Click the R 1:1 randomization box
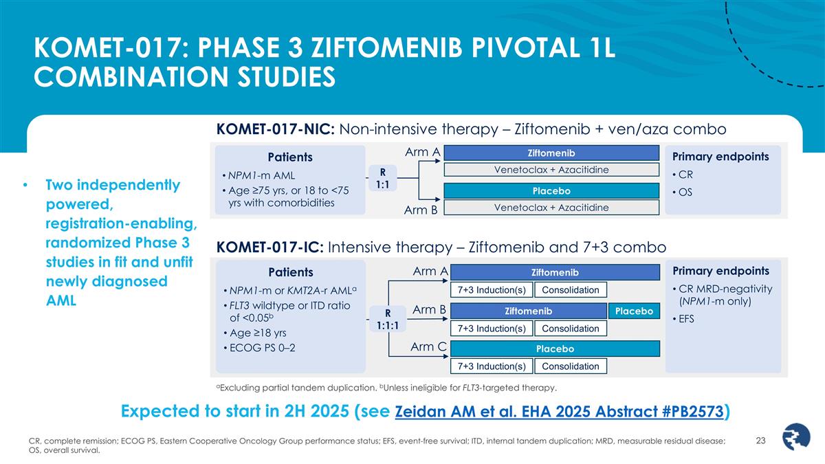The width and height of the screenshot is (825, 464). click(x=382, y=178)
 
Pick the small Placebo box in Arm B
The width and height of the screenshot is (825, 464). click(x=633, y=311)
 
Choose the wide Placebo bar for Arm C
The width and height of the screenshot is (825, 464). click(x=555, y=349)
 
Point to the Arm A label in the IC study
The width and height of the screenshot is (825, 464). click(x=430, y=272)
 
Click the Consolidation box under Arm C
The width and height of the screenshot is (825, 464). click(x=571, y=366)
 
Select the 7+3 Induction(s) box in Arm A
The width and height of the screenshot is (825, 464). click(x=491, y=290)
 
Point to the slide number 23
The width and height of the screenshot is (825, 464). click(x=760, y=441)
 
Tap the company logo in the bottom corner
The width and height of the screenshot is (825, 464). click(x=798, y=437)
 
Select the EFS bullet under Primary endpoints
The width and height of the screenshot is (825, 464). click(x=690, y=318)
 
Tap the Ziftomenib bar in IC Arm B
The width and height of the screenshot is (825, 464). click(x=528, y=311)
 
